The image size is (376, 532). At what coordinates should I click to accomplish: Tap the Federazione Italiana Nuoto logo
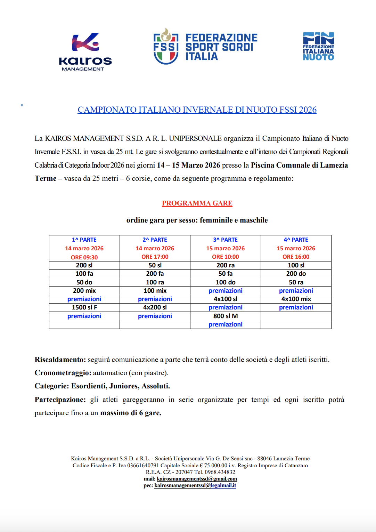[318, 46]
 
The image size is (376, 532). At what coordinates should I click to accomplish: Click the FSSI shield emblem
[166, 46]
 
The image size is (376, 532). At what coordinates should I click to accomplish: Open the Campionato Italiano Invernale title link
[197, 110]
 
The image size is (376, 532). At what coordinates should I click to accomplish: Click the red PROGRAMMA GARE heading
[197, 203]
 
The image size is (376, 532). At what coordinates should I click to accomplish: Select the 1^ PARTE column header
[84, 240]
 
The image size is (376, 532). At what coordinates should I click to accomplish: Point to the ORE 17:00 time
[155, 257]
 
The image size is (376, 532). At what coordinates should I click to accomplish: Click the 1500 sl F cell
[84, 307]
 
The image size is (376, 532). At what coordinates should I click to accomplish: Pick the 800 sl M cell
[226, 316]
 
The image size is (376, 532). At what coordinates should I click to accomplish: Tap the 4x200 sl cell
[155, 307]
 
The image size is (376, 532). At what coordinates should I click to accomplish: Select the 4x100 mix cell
[296, 299]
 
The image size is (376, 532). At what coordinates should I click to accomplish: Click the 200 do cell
[296, 274]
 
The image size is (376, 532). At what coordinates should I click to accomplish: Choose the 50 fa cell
[226, 274]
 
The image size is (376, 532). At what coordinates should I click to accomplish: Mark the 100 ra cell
[155, 282]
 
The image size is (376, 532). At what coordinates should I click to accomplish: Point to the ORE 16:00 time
[296, 257]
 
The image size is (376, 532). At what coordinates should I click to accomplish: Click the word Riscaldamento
[60, 360]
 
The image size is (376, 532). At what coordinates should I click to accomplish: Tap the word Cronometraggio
[63, 373]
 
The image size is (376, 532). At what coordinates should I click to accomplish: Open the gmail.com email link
[197, 479]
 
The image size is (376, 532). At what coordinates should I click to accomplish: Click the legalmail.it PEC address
[195, 485]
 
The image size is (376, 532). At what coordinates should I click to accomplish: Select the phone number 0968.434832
[220, 472]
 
